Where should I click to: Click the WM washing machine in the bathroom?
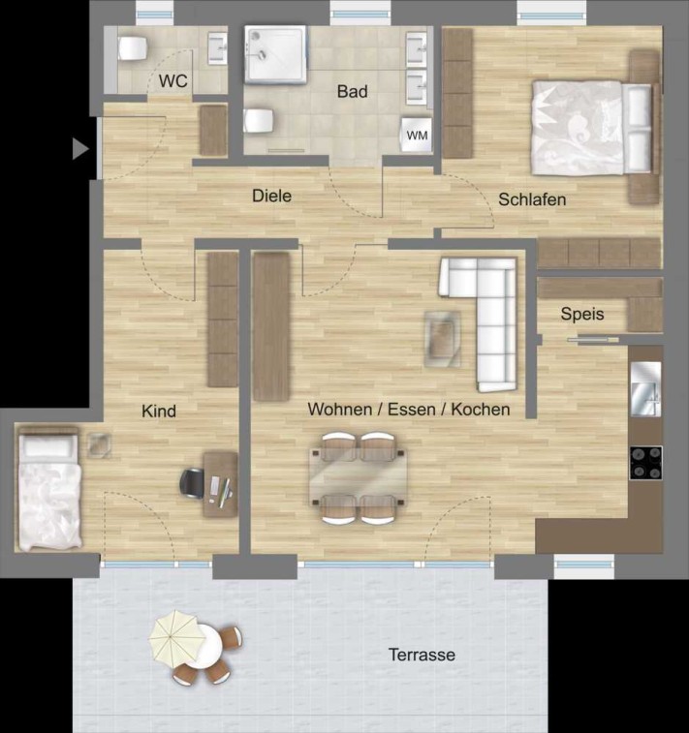pos(417,135)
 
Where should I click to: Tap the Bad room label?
pos(352,91)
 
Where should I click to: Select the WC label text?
pos(173,81)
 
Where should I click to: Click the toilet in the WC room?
pos(133,48)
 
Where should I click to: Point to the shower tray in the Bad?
pos(275,55)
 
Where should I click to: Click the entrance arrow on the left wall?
pos(80,149)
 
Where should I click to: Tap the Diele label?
pos(271,196)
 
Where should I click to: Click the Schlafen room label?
pos(532,199)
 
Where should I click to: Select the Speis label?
pos(582,314)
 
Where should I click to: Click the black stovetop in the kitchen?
pos(645,463)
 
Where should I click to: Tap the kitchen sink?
pos(646,389)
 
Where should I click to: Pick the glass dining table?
pos(358,477)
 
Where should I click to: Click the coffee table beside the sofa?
pos(443,339)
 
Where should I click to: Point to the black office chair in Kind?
pos(192,482)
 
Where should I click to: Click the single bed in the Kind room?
pos(48,488)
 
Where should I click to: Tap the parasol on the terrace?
pos(177,637)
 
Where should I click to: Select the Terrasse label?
pos(422,655)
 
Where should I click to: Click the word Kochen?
pos(481,410)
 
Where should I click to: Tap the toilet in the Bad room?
pos(258,121)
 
